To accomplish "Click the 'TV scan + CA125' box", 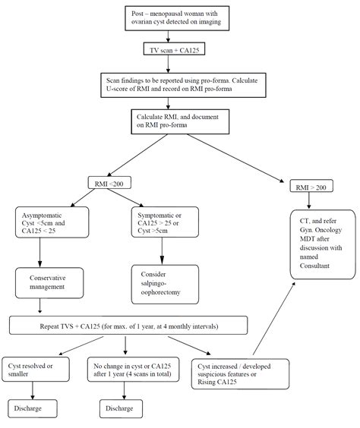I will [178, 49].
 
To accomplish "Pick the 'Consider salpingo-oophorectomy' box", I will [164, 282].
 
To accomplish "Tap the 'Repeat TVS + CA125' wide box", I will [128, 326].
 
